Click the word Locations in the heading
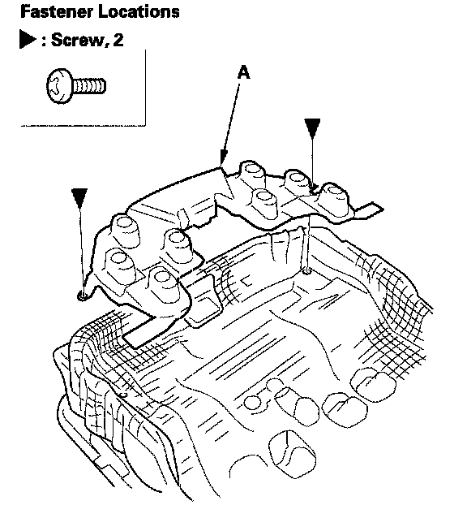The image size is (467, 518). click(x=139, y=11)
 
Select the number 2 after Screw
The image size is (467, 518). click(x=118, y=40)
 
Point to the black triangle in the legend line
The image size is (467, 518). click(x=28, y=39)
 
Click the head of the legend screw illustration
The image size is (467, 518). click(x=59, y=86)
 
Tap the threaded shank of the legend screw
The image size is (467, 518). click(x=89, y=86)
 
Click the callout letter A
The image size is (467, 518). click(x=244, y=72)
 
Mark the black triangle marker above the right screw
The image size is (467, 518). click(x=312, y=127)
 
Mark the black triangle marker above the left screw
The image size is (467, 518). click(x=79, y=197)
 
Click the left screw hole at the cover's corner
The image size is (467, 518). click(x=82, y=296)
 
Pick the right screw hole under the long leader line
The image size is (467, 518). click(x=307, y=271)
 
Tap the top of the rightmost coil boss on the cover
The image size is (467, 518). click(x=336, y=191)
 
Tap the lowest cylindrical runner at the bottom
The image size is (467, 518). click(x=292, y=454)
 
